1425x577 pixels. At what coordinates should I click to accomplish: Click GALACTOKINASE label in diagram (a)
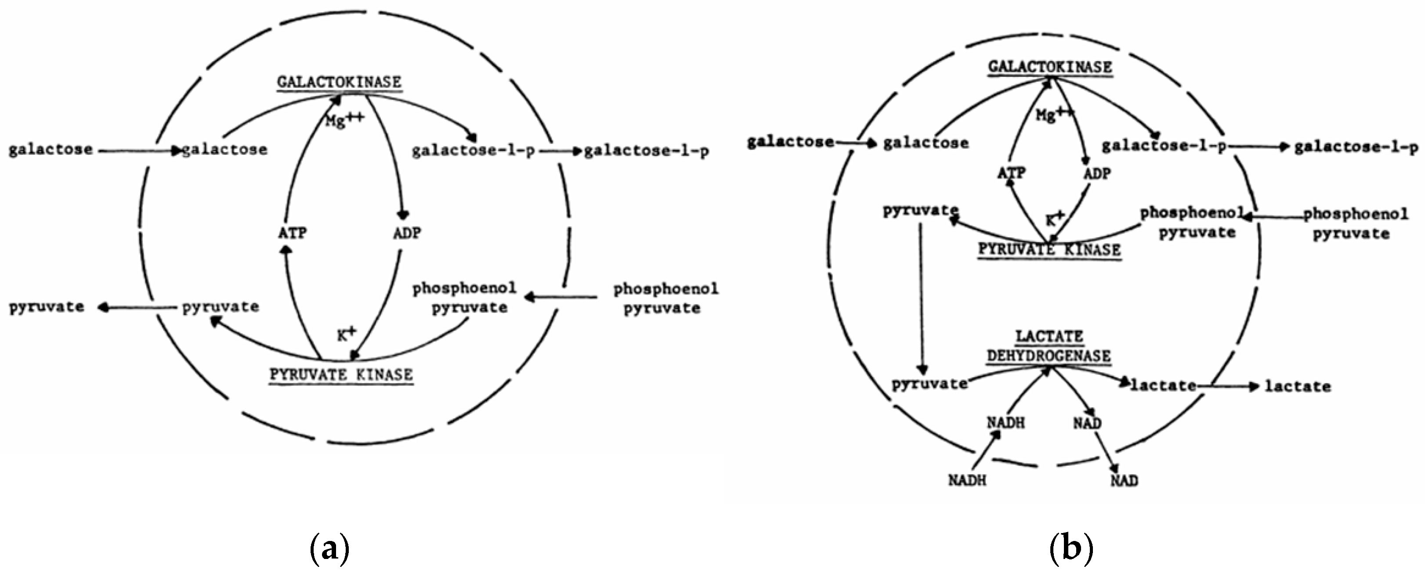339,82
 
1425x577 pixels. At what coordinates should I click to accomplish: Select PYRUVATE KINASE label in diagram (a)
341,374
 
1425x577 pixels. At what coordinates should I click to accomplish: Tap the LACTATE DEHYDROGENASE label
1049,346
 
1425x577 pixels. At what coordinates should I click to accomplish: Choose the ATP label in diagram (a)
292,233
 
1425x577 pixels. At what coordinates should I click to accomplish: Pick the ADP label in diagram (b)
1096,174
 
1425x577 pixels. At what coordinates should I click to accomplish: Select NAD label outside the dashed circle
1124,480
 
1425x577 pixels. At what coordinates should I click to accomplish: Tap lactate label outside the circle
1298,386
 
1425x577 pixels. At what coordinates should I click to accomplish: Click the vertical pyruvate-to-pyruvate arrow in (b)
921,299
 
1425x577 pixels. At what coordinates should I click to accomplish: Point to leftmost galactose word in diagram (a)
51,149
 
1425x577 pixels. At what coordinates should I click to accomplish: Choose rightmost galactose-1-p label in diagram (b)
1356,147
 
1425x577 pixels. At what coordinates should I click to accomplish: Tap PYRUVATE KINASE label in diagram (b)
1049,250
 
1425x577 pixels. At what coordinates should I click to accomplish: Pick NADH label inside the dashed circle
1005,423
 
